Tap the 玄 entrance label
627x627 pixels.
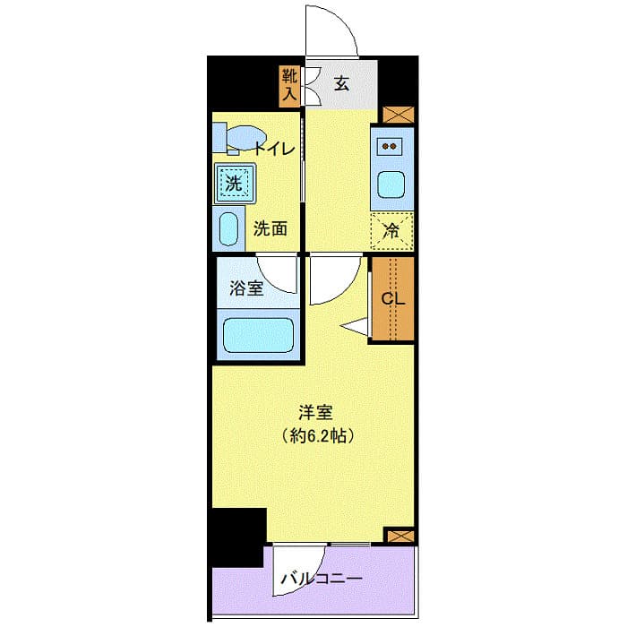pyautogui.click(x=341, y=84)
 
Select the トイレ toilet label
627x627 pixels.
pyautogui.click(x=273, y=149)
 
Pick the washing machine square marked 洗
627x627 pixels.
pyautogui.click(x=233, y=184)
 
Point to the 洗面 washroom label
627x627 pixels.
pyautogui.click(x=271, y=228)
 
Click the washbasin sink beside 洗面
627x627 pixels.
pyautogui.click(x=229, y=229)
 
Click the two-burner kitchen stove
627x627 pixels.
pyautogui.click(x=391, y=145)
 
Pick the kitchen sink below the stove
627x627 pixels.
pyautogui.click(x=391, y=185)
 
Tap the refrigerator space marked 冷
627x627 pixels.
pyautogui.click(x=391, y=228)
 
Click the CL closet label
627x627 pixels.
pyautogui.click(x=394, y=299)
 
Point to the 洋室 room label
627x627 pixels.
pyautogui.click(x=316, y=413)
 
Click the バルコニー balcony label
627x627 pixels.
pyautogui.click(x=320, y=579)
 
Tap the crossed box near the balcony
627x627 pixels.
pyautogui.click(x=399, y=536)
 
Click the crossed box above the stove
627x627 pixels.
pyautogui.click(x=398, y=116)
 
